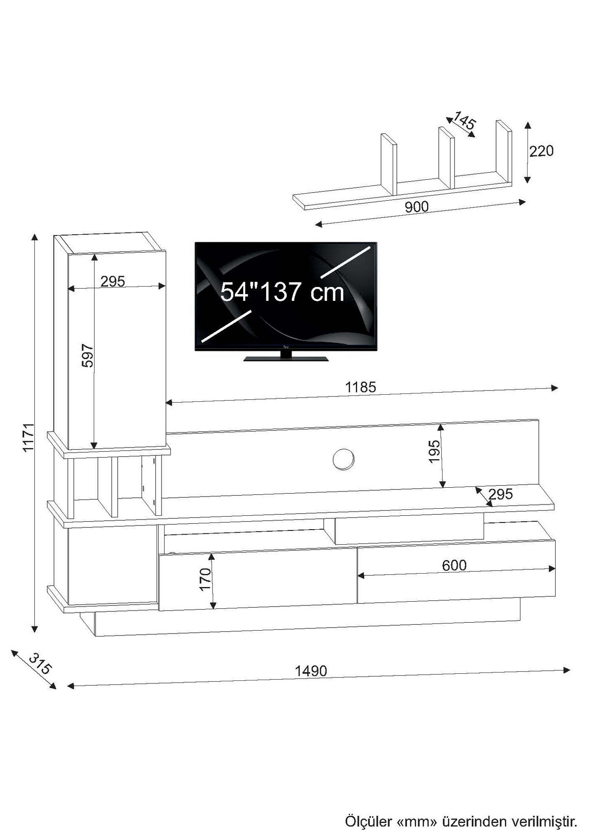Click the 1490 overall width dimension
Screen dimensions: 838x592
point(311,671)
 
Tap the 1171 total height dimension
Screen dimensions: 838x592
point(28,437)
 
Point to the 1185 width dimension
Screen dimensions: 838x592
point(360,387)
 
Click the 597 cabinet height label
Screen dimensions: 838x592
point(88,356)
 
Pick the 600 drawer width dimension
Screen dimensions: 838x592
point(454,566)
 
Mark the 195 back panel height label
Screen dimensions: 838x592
point(434,451)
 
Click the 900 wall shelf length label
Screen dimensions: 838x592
point(417,207)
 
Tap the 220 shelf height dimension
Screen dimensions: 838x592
point(541,151)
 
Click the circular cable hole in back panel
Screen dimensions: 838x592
point(343,459)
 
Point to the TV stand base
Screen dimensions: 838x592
point(286,358)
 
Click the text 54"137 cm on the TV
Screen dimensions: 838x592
point(282,292)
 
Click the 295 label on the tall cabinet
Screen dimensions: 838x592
point(113,281)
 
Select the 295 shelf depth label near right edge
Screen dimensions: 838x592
point(500,494)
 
